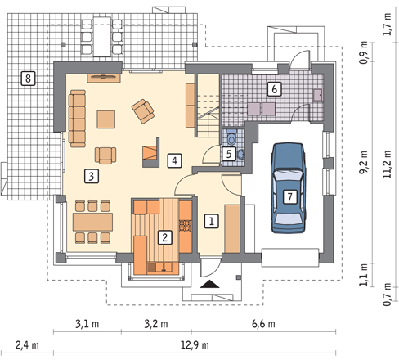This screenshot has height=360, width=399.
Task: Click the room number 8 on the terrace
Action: [x=28, y=79]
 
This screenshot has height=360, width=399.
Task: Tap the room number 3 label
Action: [x=92, y=176]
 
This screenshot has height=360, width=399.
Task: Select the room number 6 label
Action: [x=274, y=89]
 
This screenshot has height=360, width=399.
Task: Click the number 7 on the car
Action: [x=289, y=196]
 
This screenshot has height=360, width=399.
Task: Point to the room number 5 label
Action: [x=229, y=154]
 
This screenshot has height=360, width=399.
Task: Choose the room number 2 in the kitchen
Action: [x=165, y=237]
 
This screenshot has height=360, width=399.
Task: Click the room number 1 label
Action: [x=212, y=221]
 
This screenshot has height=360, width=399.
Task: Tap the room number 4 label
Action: [x=174, y=160]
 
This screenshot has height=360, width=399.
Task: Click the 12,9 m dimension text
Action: [x=195, y=345]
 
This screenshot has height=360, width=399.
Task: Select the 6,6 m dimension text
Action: [x=263, y=324]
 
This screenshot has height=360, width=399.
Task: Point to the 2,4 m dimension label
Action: [x=27, y=345]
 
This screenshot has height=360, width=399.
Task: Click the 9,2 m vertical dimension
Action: [x=363, y=163]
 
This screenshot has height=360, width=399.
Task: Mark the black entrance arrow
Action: [x=210, y=284]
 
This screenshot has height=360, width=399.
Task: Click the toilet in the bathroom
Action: [x=231, y=137]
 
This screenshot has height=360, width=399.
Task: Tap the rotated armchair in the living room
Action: [x=143, y=111]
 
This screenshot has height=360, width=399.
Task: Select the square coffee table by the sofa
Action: [x=106, y=119]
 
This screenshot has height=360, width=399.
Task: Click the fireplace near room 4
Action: [x=150, y=152]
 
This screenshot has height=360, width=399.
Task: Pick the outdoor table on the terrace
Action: [x=102, y=37]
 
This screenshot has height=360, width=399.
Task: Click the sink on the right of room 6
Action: [x=318, y=95]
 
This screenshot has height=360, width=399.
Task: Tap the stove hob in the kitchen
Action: [x=186, y=226]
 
